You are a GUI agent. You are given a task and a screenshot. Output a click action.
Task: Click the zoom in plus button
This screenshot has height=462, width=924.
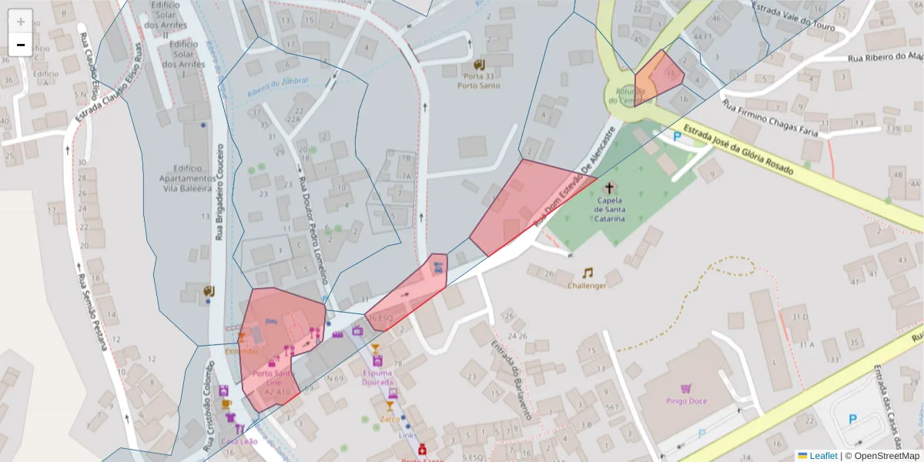click(x=21, y=22)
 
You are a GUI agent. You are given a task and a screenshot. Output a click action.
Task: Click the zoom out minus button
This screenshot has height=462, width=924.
click(x=21, y=45)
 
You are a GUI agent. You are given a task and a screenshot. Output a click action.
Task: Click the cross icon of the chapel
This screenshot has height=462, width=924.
click(x=610, y=188)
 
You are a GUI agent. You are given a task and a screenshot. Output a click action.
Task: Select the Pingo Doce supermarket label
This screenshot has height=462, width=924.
click(x=685, y=400)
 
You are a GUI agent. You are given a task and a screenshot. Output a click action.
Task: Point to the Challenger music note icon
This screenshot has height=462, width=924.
click(x=588, y=273)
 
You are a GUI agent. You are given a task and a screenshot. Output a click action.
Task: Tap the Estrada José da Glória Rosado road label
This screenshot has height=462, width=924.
click(x=737, y=151)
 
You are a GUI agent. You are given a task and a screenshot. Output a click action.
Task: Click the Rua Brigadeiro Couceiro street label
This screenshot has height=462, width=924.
click(x=219, y=192)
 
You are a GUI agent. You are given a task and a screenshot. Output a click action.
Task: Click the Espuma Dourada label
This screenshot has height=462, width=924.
click(x=377, y=377)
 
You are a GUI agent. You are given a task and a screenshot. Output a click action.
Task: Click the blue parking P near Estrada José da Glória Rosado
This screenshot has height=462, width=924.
click(x=678, y=136)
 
